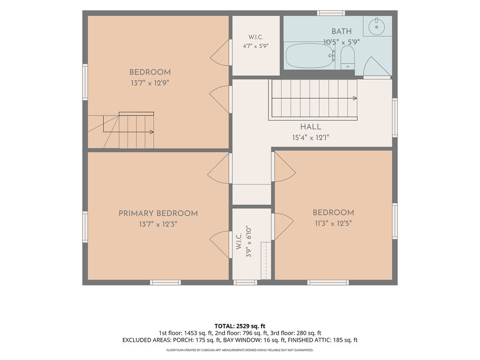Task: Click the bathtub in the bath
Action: [309, 56]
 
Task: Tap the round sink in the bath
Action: [377, 26]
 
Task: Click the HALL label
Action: [310, 127]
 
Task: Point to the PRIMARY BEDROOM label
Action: [158, 213]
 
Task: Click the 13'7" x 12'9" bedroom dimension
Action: [150, 83]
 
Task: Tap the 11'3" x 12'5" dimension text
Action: [333, 224]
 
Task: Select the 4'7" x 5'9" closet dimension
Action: [255, 46]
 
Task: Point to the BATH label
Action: [342, 31]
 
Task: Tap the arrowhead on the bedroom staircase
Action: [151, 132]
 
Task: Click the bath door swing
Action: [377, 66]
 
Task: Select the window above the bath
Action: [331, 13]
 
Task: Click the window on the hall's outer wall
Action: [395, 118]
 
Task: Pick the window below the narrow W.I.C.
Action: [245, 282]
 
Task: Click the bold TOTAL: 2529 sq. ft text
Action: [240, 326]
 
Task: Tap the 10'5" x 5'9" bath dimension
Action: [341, 42]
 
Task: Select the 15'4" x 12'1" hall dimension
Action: [310, 138]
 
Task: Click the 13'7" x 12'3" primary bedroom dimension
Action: [158, 225]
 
